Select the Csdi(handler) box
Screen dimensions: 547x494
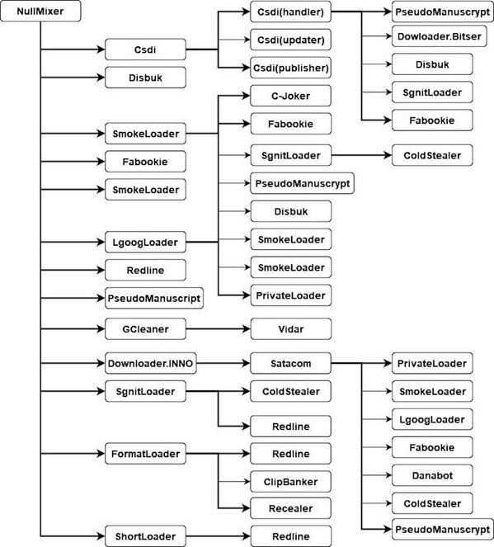tap(289, 14)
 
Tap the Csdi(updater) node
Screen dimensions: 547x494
tap(289, 40)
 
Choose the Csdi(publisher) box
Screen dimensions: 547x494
tap(289, 68)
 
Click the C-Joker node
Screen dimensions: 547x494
tap(289, 96)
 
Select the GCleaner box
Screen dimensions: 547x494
tap(145, 329)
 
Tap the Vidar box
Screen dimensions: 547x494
tap(289, 329)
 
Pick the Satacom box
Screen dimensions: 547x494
tap(289, 362)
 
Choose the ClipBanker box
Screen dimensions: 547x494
tap(289, 480)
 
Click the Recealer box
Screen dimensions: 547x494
tap(289, 507)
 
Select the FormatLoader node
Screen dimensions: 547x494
tap(145, 454)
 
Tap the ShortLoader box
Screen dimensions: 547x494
tap(145, 534)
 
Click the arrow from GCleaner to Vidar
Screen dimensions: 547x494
tap(217, 329)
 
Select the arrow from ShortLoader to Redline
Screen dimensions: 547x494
tap(217, 534)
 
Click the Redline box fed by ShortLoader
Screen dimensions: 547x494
tap(289, 534)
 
